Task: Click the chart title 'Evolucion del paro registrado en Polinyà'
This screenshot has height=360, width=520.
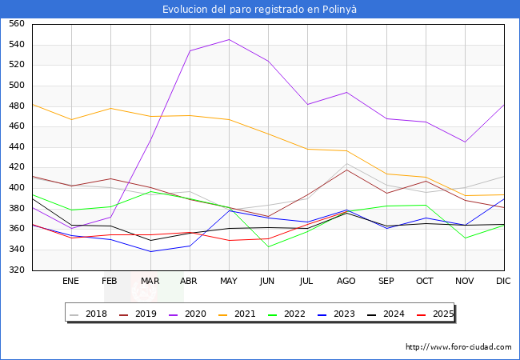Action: click(260, 10)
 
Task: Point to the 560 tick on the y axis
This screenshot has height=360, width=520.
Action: click(16, 24)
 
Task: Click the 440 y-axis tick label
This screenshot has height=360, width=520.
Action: click(16, 147)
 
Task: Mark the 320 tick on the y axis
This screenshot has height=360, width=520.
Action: click(16, 270)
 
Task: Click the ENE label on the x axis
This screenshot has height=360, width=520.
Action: click(71, 281)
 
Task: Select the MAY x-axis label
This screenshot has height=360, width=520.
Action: click(229, 281)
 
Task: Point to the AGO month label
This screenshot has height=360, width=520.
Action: click(346, 281)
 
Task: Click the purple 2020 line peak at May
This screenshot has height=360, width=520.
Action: click(229, 39)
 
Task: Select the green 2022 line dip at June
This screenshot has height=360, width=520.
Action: click(268, 246)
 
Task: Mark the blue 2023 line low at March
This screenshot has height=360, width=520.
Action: click(150, 251)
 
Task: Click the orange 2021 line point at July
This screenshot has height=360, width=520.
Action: click(307, 149)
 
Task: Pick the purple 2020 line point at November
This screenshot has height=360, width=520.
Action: click(465, 142)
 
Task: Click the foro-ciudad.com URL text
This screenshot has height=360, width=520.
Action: click(458, 347)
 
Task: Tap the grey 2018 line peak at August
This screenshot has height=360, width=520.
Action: click(346, 164)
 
